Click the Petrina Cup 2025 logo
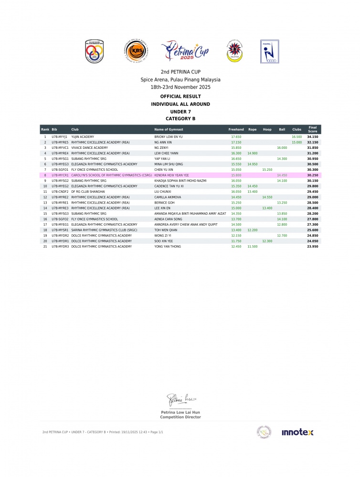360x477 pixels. click(x=185, y=52)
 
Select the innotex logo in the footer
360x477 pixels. click(x=297, y=432)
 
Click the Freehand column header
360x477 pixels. click(x=236, y=130)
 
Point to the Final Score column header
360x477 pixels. click(x=313, y=129)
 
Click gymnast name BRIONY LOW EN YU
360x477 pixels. click(x=169, y=137)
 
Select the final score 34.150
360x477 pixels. click(x=313, y=137)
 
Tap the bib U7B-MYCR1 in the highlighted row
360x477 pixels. click(x=60, y=175)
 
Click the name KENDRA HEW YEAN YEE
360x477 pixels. click(x=171, y=175)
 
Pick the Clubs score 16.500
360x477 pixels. click(x=296, y=137)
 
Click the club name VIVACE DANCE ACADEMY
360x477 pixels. click(x=90, y=148)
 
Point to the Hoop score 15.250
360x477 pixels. click(x=267, y=169)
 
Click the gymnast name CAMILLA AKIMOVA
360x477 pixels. click(x=168, y=197)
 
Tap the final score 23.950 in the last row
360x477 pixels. click(x=313, y=247)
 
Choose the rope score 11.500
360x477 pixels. click(x=252, y=247)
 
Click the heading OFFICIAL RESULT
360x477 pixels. click(x=180, y=96)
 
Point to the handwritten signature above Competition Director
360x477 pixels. click(x=180, y=399)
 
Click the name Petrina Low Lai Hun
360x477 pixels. click(x=180, y=412)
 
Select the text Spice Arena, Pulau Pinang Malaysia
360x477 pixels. click(x=180, y=80)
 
